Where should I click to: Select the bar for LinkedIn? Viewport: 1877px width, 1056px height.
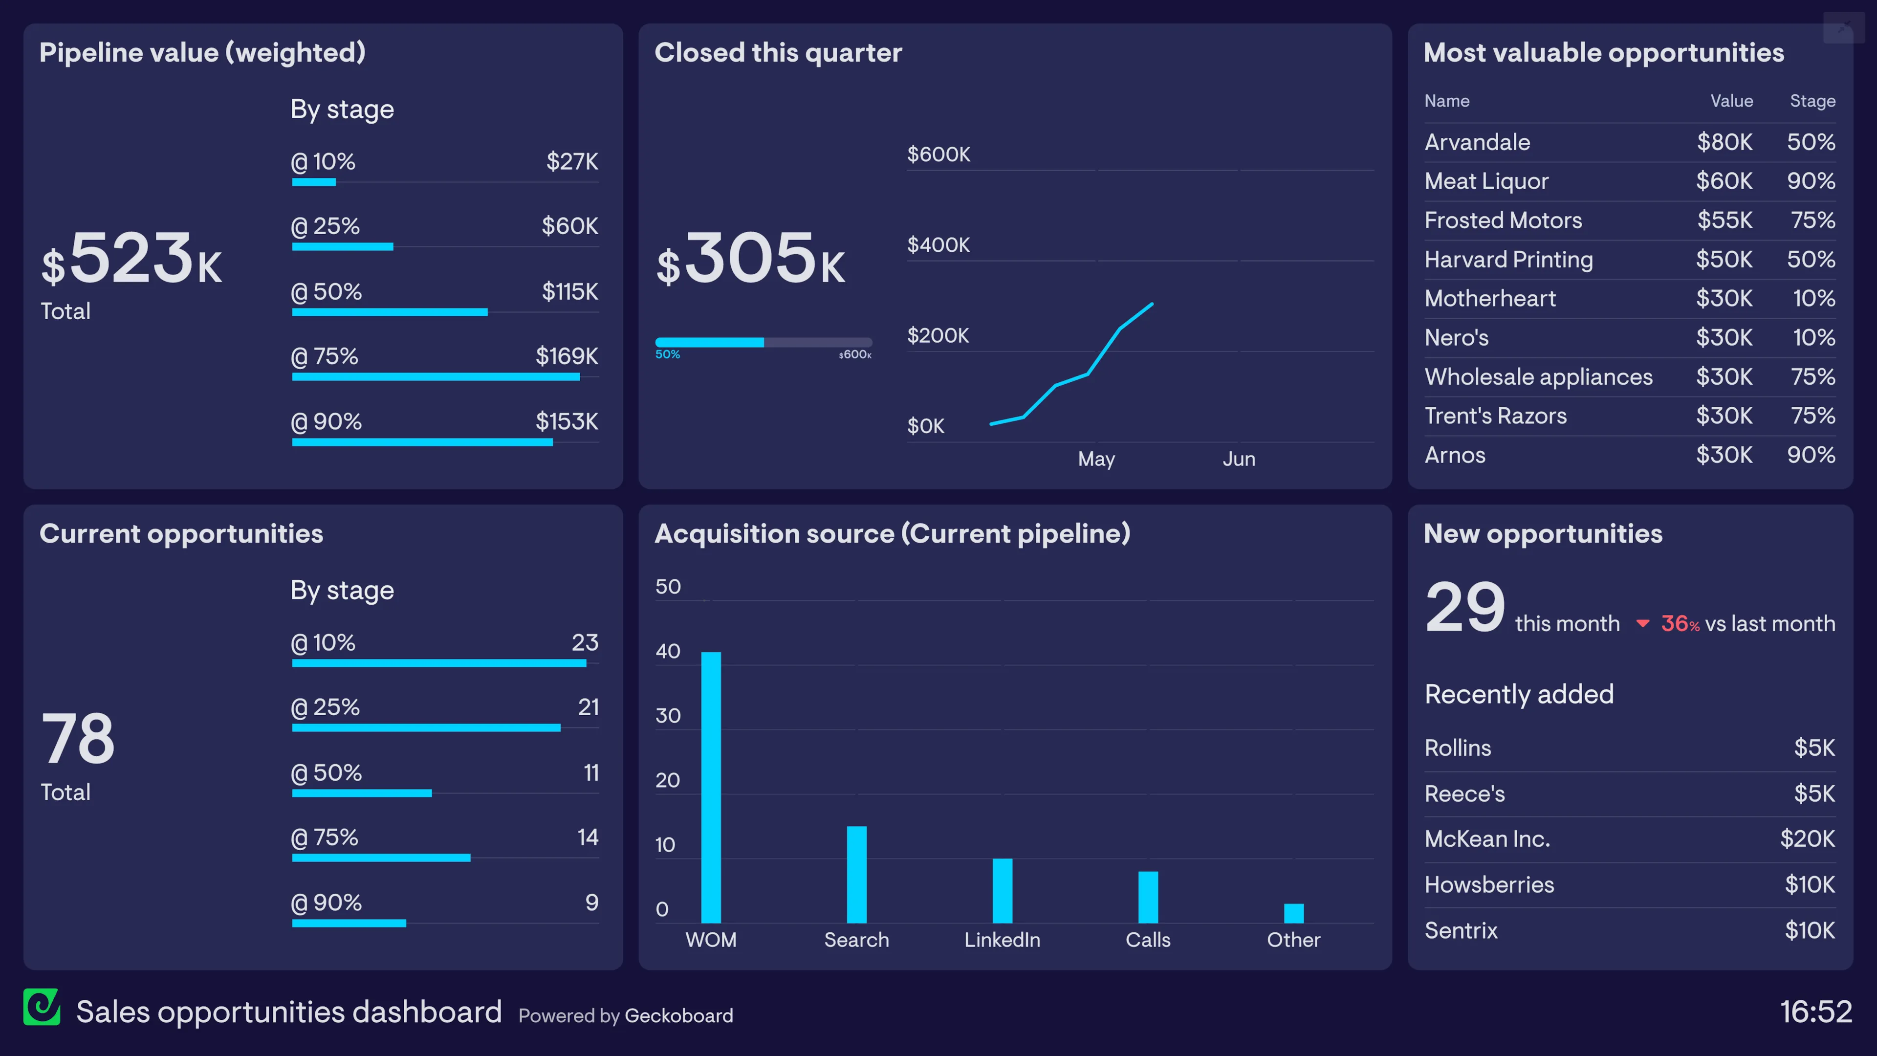[x=1002, y=891]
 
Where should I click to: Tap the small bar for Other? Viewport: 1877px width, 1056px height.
[x=1293, y=913]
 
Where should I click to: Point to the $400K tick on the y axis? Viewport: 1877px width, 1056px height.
[x=938, y=245]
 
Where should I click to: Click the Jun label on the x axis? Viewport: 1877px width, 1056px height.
[x=1239, y=459]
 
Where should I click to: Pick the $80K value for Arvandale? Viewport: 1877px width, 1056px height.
[x=1724, y=142]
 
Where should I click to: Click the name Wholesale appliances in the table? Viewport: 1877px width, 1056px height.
[x=1538, y=377]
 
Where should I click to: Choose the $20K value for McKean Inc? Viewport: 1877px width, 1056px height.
[x=1807, y=839]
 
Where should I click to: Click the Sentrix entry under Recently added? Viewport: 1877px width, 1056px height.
[x=1461, y=931]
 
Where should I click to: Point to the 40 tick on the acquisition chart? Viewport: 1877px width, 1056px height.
[x=667, y=652]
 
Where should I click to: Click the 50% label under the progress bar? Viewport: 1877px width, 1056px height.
[x=667, y=354]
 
